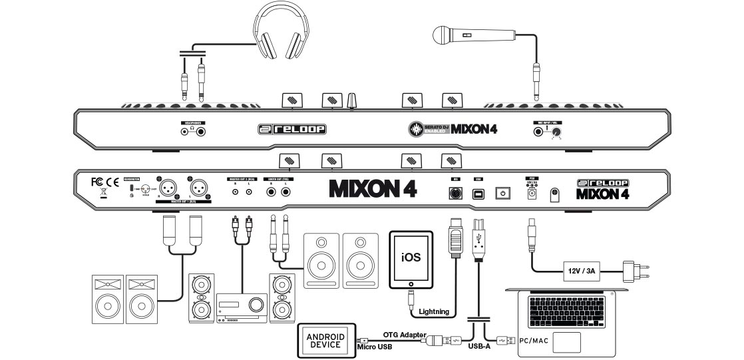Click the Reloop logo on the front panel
[x=295, y=128]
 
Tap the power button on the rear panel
[x=503, y=193]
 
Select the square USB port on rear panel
[x=479, y=193]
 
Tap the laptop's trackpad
[x=562, y=341]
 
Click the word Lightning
[x=433, y=311]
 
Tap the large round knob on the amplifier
[x=255, y=305]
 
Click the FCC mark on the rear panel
[x=97, y=180]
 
